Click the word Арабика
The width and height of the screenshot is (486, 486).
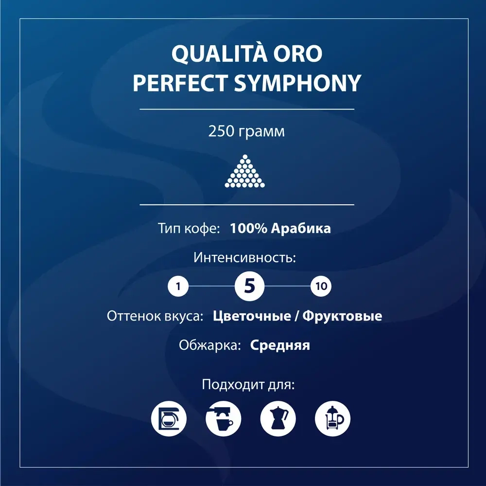(304, 228)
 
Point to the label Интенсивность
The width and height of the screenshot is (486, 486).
(245, 257)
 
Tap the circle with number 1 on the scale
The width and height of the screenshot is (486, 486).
(178, 286)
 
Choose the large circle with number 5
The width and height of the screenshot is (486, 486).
(249, 286)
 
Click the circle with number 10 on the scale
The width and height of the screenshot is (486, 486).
(321, 286)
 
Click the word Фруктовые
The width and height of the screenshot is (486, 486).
(342, 316)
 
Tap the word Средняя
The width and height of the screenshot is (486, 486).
(280, 345)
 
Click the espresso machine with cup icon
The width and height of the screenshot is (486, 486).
(223, 418)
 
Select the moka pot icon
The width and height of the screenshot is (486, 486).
(278, 418)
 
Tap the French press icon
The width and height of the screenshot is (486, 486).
(332, 418)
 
